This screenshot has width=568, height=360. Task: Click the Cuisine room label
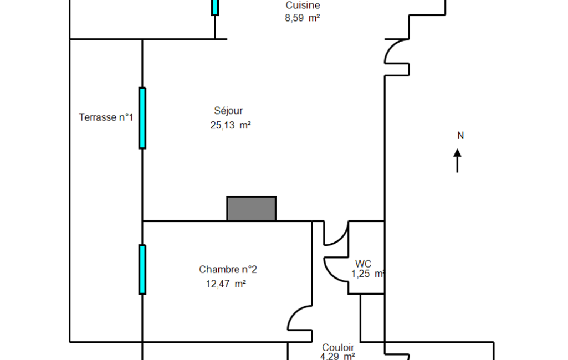click(303, 6)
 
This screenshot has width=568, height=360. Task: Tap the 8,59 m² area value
click(302, 18)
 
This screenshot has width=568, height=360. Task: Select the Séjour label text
click(228, 111)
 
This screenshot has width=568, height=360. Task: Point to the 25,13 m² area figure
click(231, 125)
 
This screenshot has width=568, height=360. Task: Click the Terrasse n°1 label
click(106, 117)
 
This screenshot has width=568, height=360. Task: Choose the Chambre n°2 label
click(228, 270)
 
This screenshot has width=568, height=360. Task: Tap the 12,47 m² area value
click(226, 284)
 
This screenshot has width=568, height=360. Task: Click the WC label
click(363, 264)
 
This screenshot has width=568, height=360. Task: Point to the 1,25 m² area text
click(367, 274)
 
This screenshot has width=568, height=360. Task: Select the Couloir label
click(338, 348)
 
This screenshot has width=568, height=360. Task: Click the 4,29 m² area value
click(337, 356)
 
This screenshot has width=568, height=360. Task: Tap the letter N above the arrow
click(460, 136)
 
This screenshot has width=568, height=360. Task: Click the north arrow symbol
click(457, 161)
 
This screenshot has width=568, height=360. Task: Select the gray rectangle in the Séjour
click(252, 209)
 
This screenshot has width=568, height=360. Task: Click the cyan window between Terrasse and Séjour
click(142, 118)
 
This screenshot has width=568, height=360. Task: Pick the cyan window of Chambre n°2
click(142, 270)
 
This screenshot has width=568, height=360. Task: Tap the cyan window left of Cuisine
click(215, 7)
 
